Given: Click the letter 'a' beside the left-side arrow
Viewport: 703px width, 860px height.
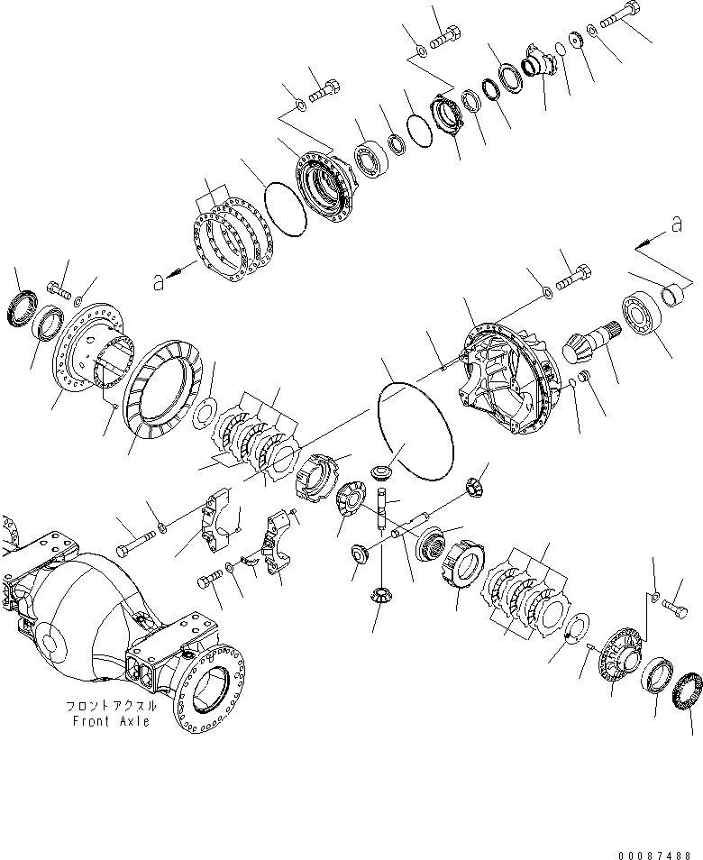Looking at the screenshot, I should click(159, 283).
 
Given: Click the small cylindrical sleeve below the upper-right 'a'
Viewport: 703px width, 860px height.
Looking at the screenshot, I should click(675, 292).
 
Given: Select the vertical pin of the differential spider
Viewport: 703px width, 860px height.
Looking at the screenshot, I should click(385, 506).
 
